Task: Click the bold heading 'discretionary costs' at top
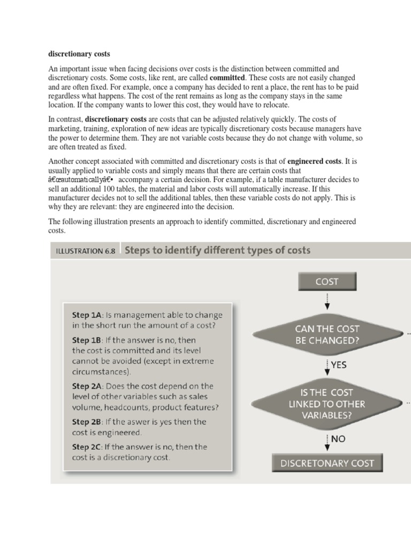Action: [79, 54]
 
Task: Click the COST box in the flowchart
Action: [327, 281]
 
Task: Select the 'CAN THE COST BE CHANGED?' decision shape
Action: [327, 334]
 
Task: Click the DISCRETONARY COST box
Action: [327, 463]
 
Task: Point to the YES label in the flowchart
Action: [338, 365]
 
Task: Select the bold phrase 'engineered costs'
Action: [314, 161]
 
